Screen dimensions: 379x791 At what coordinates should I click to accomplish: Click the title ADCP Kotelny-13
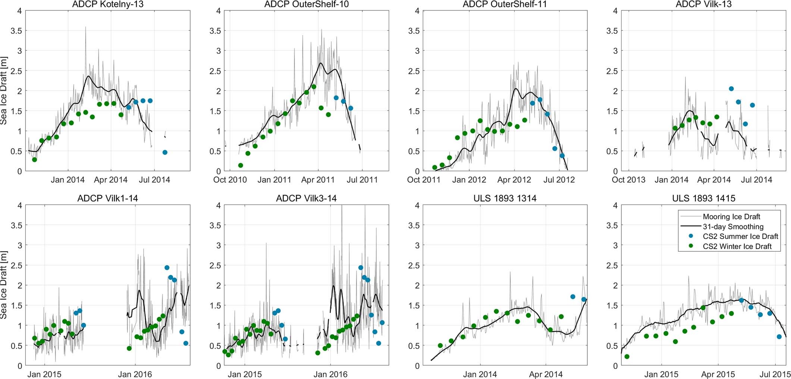[x=107, y=4]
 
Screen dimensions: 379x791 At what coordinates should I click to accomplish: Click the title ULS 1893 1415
[x=703, y=198]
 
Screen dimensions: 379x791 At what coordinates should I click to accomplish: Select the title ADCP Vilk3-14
[x=306, y=198]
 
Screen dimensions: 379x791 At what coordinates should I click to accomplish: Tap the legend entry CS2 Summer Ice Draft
[x=740, y=236]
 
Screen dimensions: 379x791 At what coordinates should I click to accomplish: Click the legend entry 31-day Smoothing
[x=733, y=226]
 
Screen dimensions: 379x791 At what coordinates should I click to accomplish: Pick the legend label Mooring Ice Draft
[x=731, y=217]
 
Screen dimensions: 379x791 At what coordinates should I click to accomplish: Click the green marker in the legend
[x=691, y=246]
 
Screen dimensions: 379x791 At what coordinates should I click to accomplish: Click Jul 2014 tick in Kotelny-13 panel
[x=154, y=180]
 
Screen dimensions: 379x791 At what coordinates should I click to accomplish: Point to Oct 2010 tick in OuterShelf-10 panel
[x=230, y=180]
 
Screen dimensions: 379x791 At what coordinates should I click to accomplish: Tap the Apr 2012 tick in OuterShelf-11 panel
[x=514, y=180]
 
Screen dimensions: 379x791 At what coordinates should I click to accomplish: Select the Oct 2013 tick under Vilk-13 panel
[x=628, y=180]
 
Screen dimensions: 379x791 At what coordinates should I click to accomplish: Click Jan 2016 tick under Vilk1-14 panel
[x=135, y=374]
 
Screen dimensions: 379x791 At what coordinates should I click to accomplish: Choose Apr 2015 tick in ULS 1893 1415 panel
[x=718, y=374]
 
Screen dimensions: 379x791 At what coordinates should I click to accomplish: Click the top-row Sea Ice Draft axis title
[x=4, y=91]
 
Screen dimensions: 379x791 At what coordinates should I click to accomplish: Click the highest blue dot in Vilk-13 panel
[x=731, y=89]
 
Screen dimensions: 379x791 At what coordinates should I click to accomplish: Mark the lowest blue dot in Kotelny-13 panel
[x=165, y=152]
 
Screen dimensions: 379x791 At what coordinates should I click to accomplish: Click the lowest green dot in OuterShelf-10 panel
[x=241, y=165]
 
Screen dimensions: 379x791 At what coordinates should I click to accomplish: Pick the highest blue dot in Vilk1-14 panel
[x=167, y=268]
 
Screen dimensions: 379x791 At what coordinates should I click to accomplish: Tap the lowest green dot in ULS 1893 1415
[x=627, y=357]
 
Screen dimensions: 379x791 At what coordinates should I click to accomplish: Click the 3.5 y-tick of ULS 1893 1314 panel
[x=414, y=225]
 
